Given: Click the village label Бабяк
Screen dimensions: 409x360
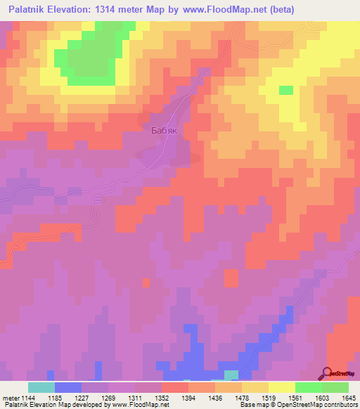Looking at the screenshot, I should (x=165, y=130).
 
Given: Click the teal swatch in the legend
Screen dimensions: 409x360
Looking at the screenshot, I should (x=41, y=387).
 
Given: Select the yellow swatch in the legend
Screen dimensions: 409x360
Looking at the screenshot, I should (x=281, y=387).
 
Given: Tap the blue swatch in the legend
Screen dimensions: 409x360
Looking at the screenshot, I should (x=67, y=387).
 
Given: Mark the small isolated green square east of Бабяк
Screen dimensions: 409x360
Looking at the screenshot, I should (x=286, y=90).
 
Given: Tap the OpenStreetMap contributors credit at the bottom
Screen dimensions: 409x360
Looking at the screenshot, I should (x=325, y=405).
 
